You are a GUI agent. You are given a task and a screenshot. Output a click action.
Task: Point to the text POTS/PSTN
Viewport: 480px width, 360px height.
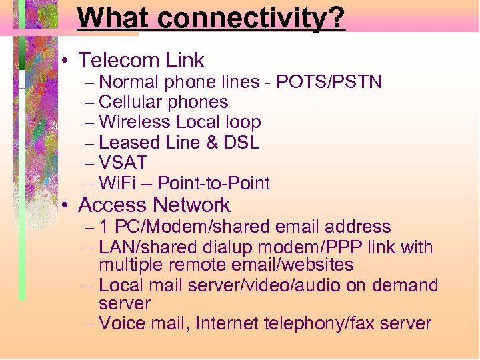329,82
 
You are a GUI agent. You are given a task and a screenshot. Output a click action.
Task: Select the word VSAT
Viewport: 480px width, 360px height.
123,163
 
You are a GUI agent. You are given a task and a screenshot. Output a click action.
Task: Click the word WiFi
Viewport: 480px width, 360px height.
117,183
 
